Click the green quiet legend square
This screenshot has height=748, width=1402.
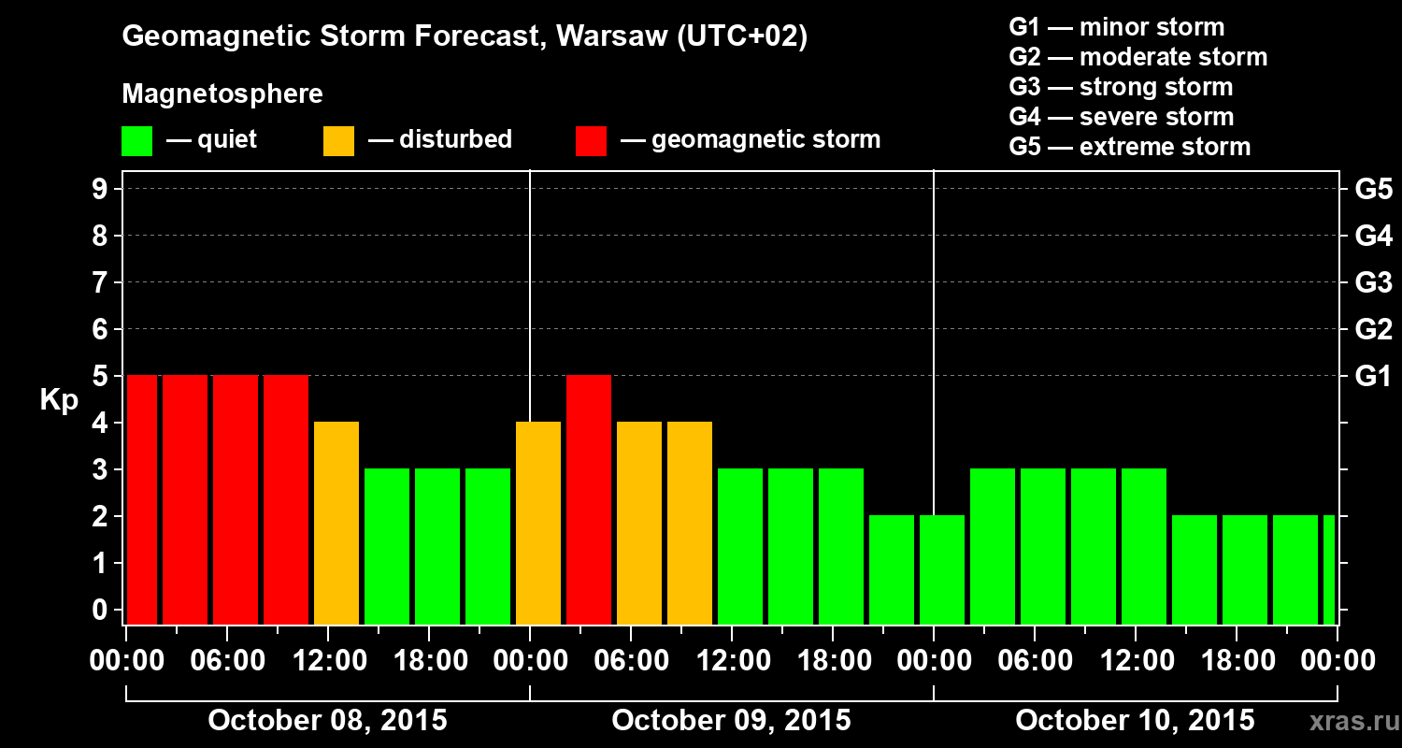[x=136, y=141]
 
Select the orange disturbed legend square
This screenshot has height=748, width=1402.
[x=338, y=141]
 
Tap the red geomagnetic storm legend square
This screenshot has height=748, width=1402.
[x=591, y=141]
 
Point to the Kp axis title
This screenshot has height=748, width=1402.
[x=58, y=399]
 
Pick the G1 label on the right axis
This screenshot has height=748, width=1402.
[x=1373, y=377]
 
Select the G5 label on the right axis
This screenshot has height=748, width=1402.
[x=1373, y=190]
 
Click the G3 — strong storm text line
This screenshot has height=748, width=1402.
[x=1121, y=87]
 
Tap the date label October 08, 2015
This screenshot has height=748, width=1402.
[x=327, y=721]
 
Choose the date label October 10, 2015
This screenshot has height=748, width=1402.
[x=1135, y=721]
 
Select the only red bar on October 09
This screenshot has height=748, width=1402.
[x=589, y=499]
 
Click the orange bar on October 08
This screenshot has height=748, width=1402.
[x=336, y=523]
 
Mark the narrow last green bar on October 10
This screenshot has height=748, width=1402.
[x=1329, y=569]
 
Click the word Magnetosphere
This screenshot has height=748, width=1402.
[x=222, y=94]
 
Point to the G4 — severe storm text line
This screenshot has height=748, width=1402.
[x=1122, y=117]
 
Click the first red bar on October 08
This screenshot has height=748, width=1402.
[x=142, y=499]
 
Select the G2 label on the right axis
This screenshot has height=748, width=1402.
[x=1373, y=330]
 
